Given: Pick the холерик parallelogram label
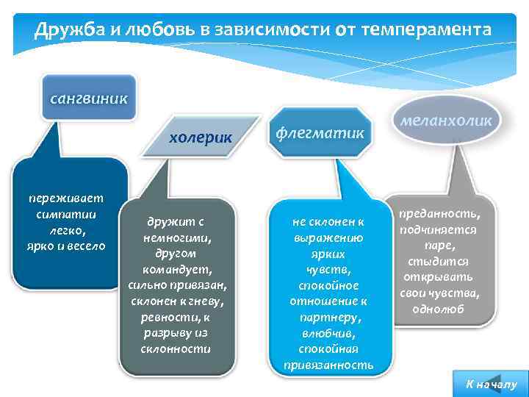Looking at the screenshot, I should [201, 137].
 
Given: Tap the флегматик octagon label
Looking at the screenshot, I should [320, 133].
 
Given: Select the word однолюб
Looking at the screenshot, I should [439, 310].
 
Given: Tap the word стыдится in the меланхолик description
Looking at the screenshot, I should [439, 262].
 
